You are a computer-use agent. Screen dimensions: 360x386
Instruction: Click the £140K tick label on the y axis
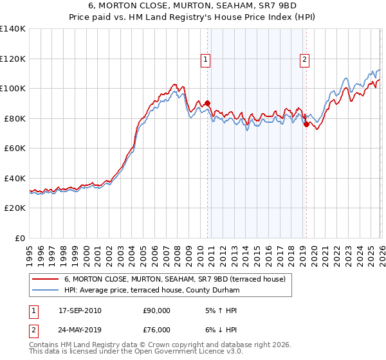13,29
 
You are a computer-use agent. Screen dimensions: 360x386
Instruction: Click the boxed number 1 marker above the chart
205,60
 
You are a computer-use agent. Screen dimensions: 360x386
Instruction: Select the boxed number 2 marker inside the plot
304,60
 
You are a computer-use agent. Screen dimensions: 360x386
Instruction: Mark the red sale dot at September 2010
208,103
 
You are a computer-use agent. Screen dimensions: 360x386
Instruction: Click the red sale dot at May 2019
306,124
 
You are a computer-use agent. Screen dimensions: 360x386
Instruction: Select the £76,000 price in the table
156,330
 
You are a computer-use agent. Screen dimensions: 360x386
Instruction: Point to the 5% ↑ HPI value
220,310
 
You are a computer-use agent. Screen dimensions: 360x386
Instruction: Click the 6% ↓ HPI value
220,330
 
